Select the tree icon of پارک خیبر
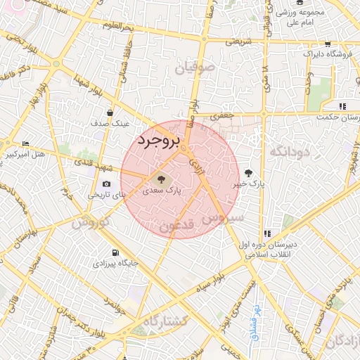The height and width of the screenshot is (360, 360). pyautogui.click(x=248, y=173)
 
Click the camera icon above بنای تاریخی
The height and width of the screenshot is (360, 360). pyautogui.click(x=106, y=184)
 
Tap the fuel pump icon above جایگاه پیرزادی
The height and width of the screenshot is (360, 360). pyautogui.click(x=115, y=253)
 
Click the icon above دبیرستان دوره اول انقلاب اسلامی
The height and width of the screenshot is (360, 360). pyautogui.click(x=266, y=234)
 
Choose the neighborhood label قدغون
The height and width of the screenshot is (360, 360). pyautogui.click(x=177, y=226)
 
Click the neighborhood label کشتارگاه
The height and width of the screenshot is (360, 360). pyautogui.click(x=165, y=321)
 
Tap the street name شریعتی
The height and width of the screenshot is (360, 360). pyautogui.click(x=237, y=41)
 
